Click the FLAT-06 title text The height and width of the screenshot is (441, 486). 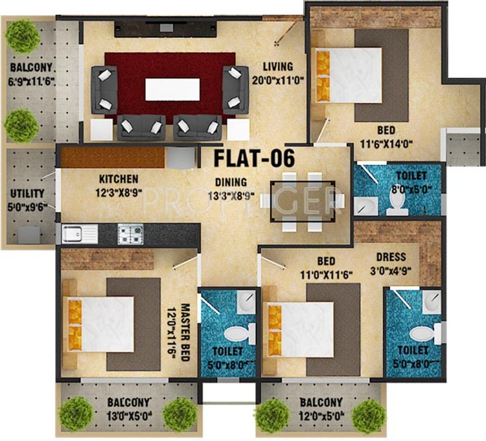[254, 157]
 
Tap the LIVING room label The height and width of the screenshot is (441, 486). [277, 66]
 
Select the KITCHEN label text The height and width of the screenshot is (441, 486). [119, 179]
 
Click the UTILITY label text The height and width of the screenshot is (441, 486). [27, 194]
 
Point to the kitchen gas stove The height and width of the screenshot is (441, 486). [130, 232]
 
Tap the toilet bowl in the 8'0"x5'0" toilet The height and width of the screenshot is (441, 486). [397, 203]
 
